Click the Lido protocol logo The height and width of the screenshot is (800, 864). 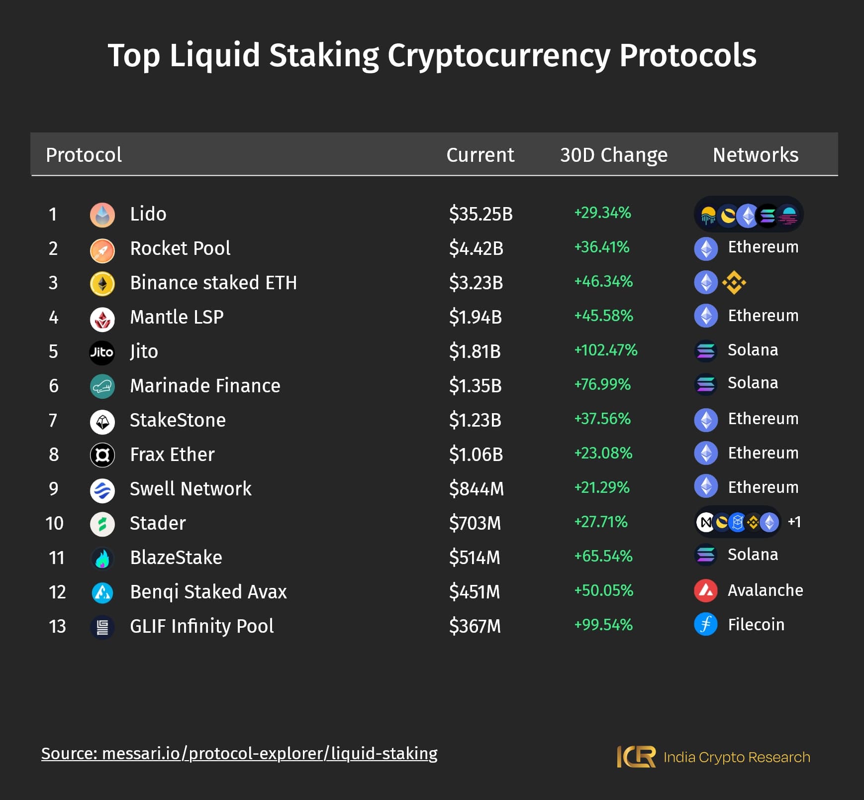click(x=102, y=215)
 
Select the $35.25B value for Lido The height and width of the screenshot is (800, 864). click(x=480, y=214)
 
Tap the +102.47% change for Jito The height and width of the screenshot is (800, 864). click(x=605, y=350)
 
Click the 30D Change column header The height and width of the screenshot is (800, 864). click(x=613, y=155)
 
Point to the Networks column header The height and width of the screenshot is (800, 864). click(x=755, y=155)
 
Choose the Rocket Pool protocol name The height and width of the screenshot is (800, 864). click(x=180, y=248)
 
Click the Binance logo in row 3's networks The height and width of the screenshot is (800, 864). click(x=734, y=283)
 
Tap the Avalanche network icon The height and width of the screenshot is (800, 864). click(x=706, y=591)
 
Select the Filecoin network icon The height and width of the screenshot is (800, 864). click(x=706, y=625)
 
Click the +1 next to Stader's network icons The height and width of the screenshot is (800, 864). click(x=794, y=522)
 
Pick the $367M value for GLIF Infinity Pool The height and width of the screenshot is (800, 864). click(x=475, y=626)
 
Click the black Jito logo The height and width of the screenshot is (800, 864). click(x=102, y=352)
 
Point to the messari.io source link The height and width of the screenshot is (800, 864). click(x=239, y=754)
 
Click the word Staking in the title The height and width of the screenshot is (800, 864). click(x=324, y=55)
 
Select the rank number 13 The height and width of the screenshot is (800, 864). click(x=57, y=626)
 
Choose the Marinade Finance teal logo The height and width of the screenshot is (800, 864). click(x=102, y=386)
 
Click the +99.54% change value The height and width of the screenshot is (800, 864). click(x=603, y=625)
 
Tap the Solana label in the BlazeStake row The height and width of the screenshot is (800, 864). click(x=753, y=555)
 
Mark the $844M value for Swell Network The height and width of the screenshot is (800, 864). click(x=476, y=489)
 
